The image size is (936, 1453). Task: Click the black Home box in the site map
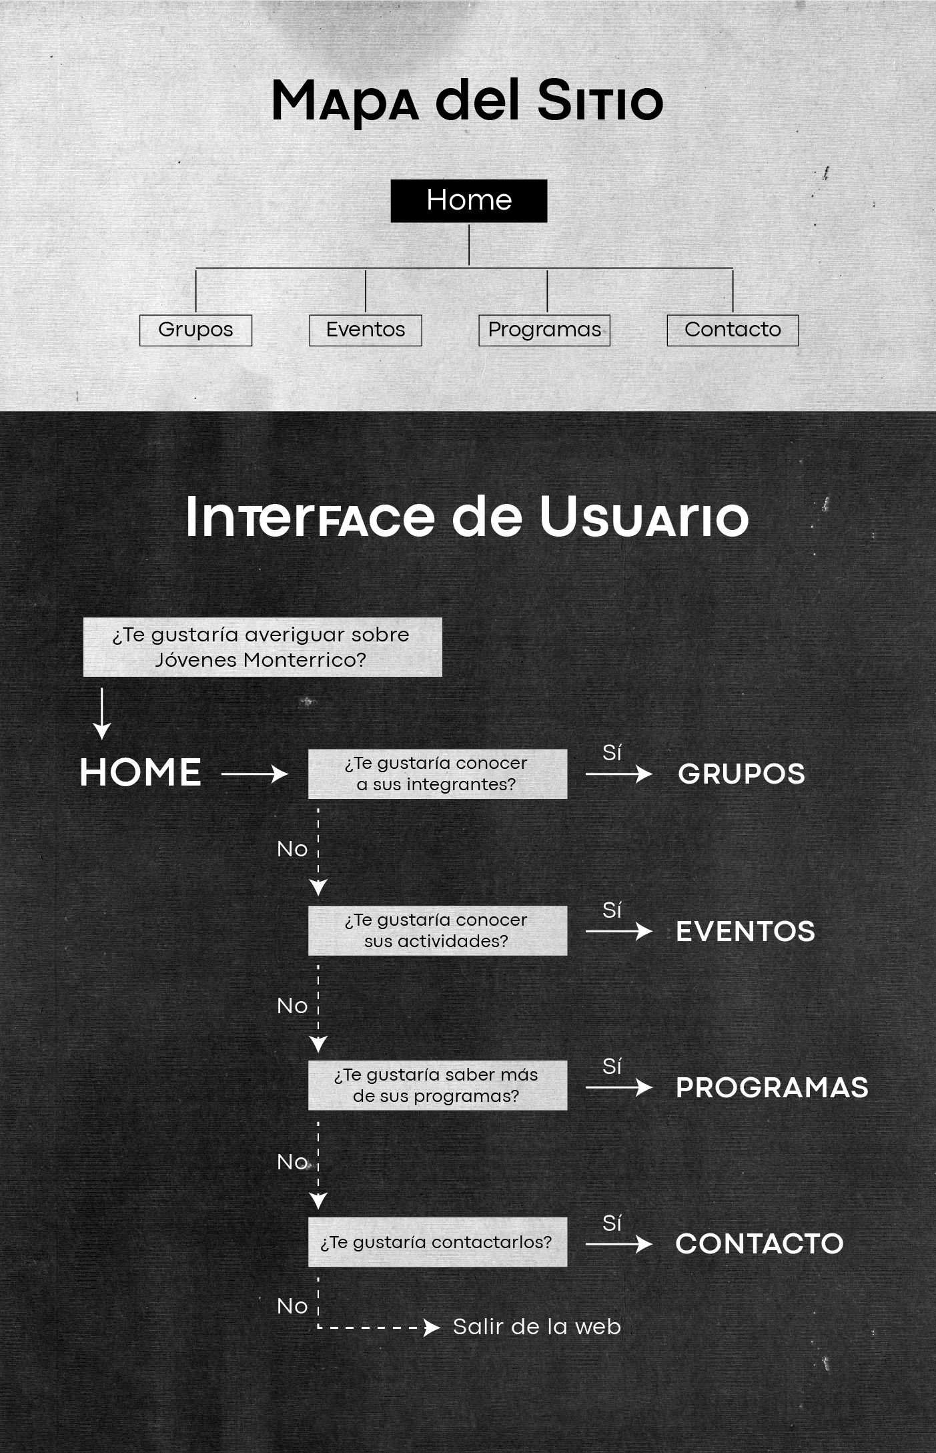click(x=468, y=200)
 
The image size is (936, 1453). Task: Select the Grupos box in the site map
click(x=195, y=330)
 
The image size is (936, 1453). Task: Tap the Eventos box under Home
click(x=366, y=330)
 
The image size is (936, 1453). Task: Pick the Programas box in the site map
click(x=544, y=330)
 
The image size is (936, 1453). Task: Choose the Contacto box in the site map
click(x=733, y=330)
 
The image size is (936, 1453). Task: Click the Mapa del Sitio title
click(x=467, y=101)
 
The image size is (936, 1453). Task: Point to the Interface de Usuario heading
click(x=467, y=517)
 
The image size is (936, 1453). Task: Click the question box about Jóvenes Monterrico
click(x=262, y=647)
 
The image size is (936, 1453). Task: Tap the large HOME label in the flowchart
click(x=140, y=773)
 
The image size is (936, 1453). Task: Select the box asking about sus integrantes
click(x=437, y=774)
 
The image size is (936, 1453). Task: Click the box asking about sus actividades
click(x=437, y=930)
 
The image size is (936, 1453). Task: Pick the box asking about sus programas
click(x=437, y=1085)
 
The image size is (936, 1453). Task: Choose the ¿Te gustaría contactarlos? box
click(x=437, y=1242)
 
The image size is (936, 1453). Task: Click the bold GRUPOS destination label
click(x=741, y=774)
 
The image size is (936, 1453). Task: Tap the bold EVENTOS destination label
click(x=745, y=932)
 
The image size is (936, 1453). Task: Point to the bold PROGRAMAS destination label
click(x=772, y=1088)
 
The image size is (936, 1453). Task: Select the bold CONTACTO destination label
click(x=759, y=1244)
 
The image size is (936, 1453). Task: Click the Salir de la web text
click(x=536, y=1327)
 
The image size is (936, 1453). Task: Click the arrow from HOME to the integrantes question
click(x=254, y=774)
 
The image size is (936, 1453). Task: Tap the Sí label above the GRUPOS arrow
click(x=612, y=753)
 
